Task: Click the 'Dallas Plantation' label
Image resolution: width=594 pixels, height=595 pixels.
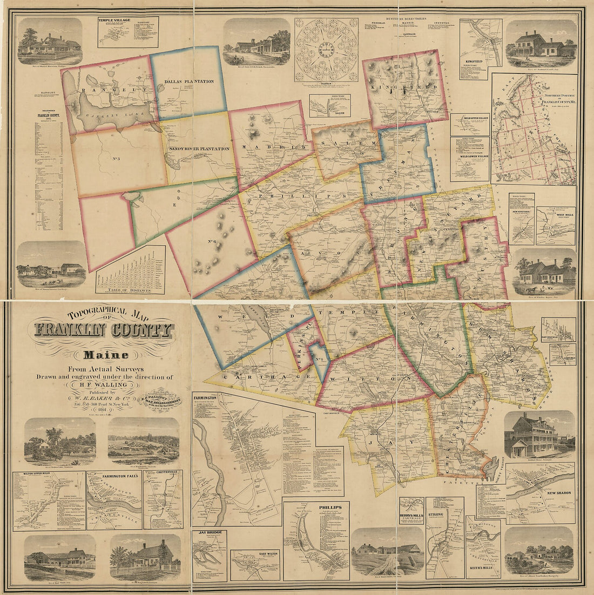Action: click(188, 82)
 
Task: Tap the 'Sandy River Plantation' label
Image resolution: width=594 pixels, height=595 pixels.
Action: click(199, 148)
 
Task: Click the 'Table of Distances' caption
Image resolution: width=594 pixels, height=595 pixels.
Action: click(130, 289)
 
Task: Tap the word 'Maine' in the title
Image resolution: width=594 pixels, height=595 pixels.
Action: click(105, 355)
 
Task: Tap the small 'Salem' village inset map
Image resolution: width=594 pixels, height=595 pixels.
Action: click(329, 106)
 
